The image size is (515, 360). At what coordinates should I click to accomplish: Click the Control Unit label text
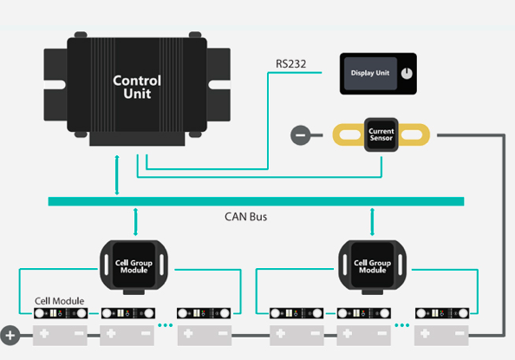(137, 87)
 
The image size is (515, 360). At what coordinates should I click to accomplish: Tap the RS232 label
(290, 64)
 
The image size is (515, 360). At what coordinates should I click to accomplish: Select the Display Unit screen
(370, 74)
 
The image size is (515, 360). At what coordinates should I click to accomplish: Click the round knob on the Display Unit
(407, 74)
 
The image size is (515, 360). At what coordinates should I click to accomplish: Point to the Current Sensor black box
(381, 134)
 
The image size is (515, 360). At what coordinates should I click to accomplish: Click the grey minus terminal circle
(301, 135)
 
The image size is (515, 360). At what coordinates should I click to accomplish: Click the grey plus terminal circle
(10, 336)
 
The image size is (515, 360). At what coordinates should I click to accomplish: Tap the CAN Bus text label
(245, 217)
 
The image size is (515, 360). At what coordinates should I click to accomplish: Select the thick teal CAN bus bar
(256, 201)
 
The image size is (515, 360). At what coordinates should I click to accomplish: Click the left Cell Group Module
(134, 265)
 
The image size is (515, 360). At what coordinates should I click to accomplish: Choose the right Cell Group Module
(373, 265)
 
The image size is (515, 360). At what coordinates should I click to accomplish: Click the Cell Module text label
(60, 301)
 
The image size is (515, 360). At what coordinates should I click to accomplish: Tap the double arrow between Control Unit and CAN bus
(117, 175)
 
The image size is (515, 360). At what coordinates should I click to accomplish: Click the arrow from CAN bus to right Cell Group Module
(372, 222)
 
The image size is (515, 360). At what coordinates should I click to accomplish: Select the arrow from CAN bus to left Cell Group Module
(135, 222)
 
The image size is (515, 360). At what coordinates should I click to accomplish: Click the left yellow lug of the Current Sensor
(349, 134)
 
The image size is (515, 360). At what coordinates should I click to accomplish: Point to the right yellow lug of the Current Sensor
(414, 134)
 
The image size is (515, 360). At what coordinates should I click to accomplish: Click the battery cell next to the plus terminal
(60, 336)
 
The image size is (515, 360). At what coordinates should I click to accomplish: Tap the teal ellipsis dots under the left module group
(166, 325)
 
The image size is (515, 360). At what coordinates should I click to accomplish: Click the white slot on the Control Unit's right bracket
(219, 85)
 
